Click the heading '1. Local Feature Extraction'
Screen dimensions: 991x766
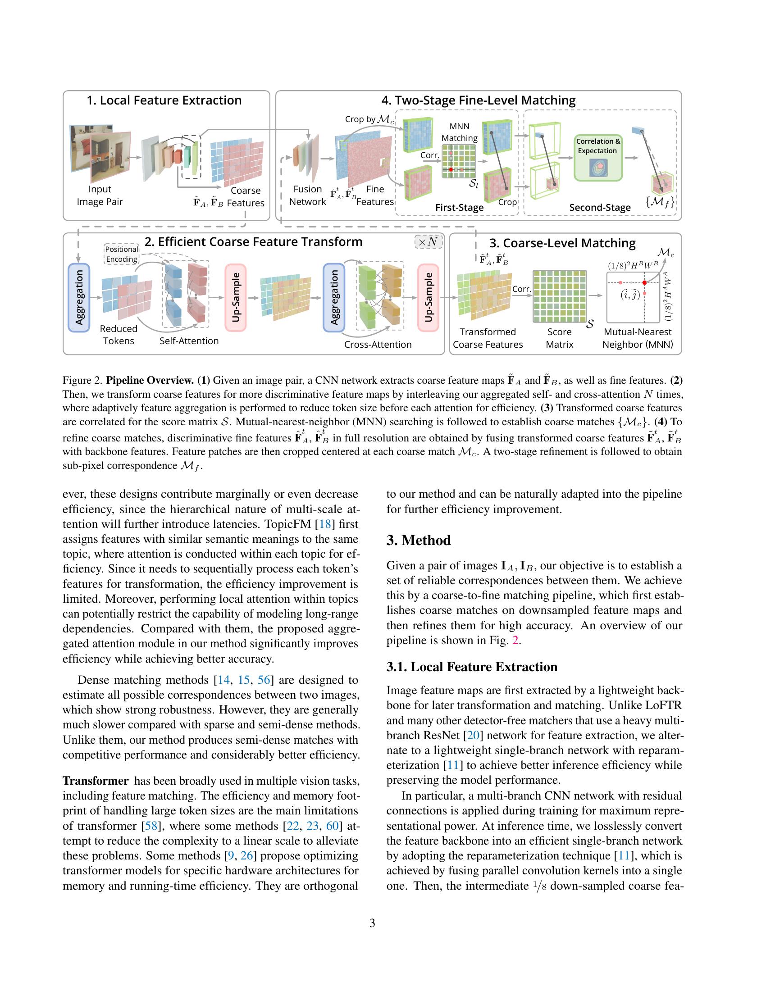tap(164, 100)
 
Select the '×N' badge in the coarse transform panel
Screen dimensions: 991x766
tap(428, 242)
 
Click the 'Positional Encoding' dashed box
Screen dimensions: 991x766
tap(122, 255)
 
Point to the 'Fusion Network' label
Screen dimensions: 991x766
tap(307, 195)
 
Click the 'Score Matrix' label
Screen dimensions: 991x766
tap(559, 338)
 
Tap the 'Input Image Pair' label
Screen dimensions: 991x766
tap(100, 195)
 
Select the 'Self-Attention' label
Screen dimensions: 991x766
tap(189, 341)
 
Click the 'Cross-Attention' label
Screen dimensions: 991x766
tap(378, 345)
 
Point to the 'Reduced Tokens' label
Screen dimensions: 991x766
tap(119, 335)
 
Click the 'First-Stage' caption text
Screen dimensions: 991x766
tap(459, 207)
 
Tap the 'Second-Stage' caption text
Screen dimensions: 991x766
tap(599, 207)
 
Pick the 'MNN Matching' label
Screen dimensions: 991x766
tap(459, 132)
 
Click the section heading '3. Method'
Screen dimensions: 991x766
tap(419, 540)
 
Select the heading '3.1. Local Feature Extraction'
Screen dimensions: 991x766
tap(472, 667)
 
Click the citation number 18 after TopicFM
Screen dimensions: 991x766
tap(325, 524)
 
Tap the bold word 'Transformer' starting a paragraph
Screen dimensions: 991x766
tap(96, 781)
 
